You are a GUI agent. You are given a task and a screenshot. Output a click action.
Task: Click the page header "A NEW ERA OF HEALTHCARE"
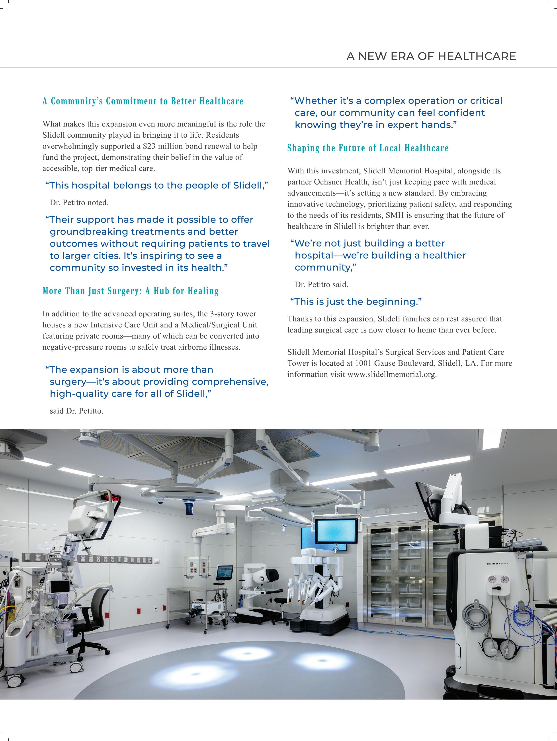click(x=431, y=56)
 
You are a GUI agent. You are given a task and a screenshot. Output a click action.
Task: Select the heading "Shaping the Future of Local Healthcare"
click(x=368, y=148)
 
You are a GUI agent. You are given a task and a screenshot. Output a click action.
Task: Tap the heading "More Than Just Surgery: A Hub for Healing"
click(x=131, y=291)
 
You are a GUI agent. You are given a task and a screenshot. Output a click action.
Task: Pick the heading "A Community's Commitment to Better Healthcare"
click(x=143, y=101)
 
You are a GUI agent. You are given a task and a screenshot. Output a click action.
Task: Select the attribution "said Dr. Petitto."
click(x=77, y=411)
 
